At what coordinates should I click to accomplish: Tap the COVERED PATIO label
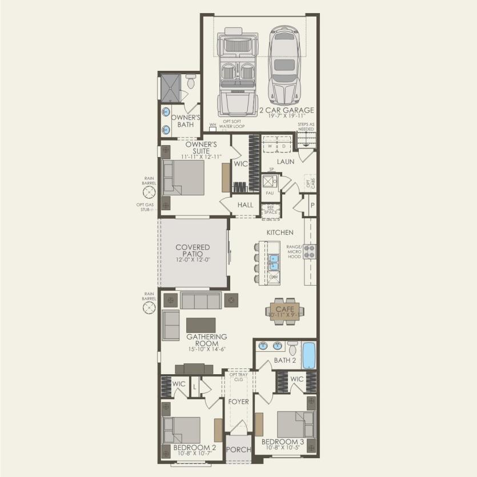coord(193,251)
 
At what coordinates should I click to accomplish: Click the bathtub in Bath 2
coord(308,355)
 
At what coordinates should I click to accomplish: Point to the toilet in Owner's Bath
coord(190,82)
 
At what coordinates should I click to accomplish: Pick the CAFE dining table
coord(284,310)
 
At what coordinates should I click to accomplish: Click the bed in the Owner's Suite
coord(183,177)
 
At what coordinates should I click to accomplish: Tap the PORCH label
coord(239,450)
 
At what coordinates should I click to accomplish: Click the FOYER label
coord(239,402)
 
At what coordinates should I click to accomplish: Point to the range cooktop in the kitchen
coord(310,251)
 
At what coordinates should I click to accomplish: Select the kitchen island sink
coord(274,262)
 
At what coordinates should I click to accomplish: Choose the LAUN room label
coord(286,162)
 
